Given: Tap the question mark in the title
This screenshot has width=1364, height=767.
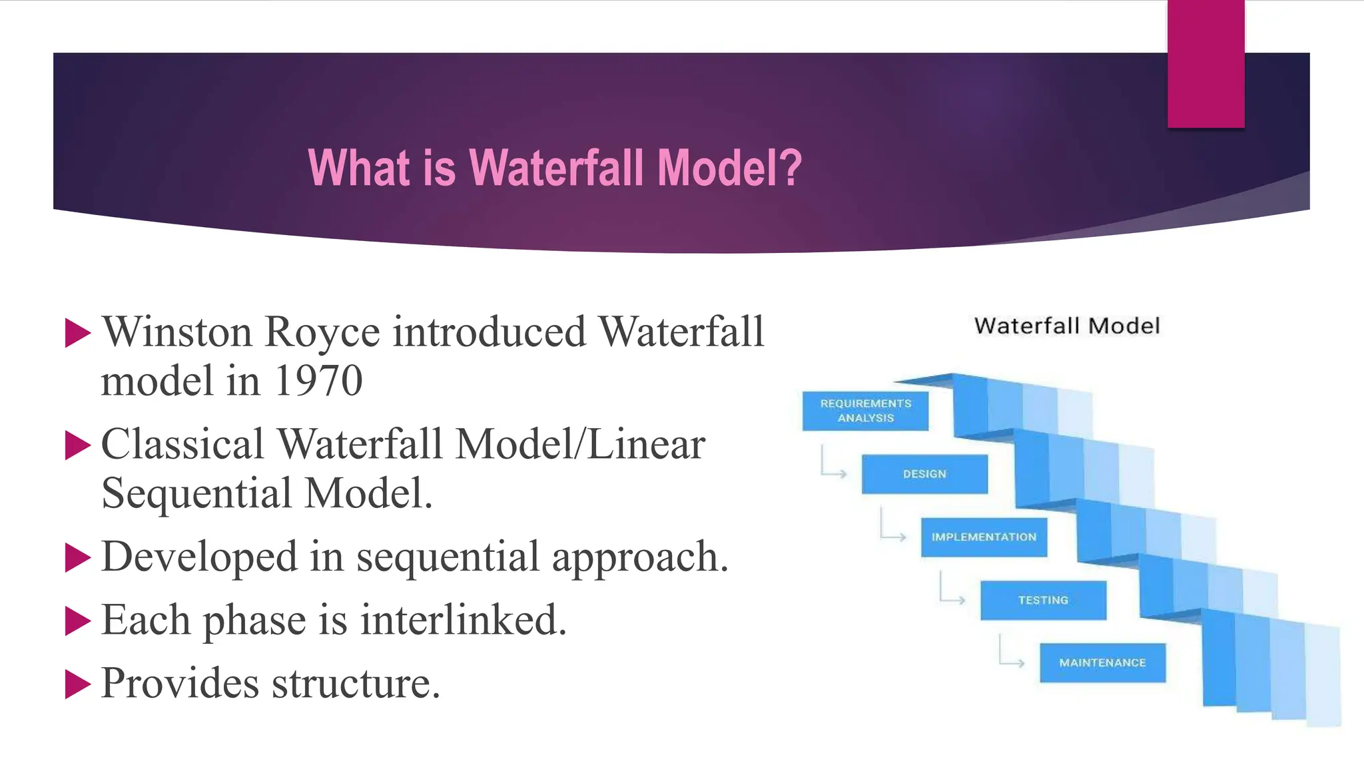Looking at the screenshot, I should point(791,168).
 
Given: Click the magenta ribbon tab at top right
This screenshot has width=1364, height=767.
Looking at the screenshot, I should point(1205,64).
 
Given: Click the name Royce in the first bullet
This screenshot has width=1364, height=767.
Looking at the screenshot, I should point(322,332).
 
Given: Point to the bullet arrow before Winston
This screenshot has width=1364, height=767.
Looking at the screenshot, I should point(77,333).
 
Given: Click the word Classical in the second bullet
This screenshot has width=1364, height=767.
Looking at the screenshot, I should point(182,444).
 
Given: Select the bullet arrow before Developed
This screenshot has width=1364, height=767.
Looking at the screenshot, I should point(77,557).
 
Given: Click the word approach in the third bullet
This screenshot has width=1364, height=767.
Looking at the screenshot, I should point(639,557).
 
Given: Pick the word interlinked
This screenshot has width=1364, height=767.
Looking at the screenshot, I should point(463,621).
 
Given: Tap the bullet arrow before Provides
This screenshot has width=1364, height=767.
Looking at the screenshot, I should point(77,684).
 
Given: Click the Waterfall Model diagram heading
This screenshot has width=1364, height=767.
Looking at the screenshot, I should point(1066,326).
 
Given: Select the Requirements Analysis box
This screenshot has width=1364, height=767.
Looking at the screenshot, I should point(865,411).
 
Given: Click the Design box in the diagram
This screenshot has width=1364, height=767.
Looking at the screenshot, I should point(924,474).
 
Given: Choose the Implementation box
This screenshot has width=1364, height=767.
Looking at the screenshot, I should point(984,537).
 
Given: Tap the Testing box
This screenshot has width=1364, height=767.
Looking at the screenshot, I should point(1043,600).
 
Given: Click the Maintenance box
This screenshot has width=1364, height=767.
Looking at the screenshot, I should point(1102,662).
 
